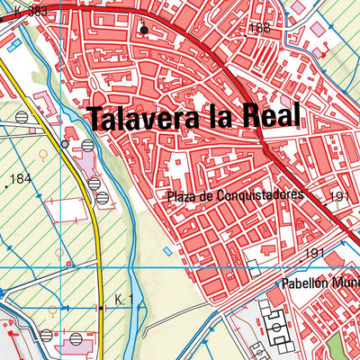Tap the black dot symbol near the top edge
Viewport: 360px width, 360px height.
[x=143, y=30]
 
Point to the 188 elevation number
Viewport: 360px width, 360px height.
[x=260, y=28]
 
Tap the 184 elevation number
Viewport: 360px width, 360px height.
[x=21, y=179]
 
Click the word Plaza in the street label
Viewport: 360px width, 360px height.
[x=181, y=195]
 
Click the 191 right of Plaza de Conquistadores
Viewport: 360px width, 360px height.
[x=340, y=195]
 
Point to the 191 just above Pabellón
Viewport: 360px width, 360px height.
[x=314, y=254]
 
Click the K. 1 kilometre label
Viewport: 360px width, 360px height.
[x=123, y=299]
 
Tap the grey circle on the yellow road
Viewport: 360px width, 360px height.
[x=64, y=143]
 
